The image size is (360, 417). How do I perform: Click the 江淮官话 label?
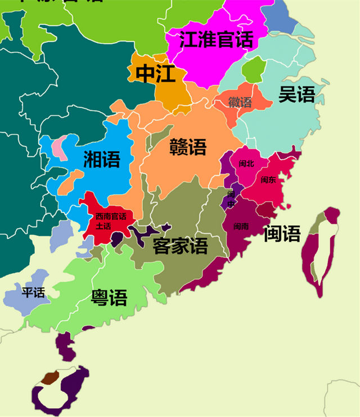[216, 40]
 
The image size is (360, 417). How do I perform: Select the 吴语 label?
[297, 94]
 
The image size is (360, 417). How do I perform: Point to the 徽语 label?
[240, 102]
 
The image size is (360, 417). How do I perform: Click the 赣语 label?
[188, 147]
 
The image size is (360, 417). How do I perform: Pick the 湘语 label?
[102, 160]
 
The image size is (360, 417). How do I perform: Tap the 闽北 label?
[246, 164]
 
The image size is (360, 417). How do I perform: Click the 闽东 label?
[268, 180]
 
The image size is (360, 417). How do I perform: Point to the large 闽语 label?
[282, 233]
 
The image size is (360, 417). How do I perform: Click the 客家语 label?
[180, 245]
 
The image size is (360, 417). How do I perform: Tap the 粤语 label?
[109, 297]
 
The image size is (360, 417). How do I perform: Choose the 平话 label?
[33, 293]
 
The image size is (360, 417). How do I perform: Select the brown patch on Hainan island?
[50, 378]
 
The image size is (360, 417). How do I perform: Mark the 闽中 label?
[231, 198]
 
